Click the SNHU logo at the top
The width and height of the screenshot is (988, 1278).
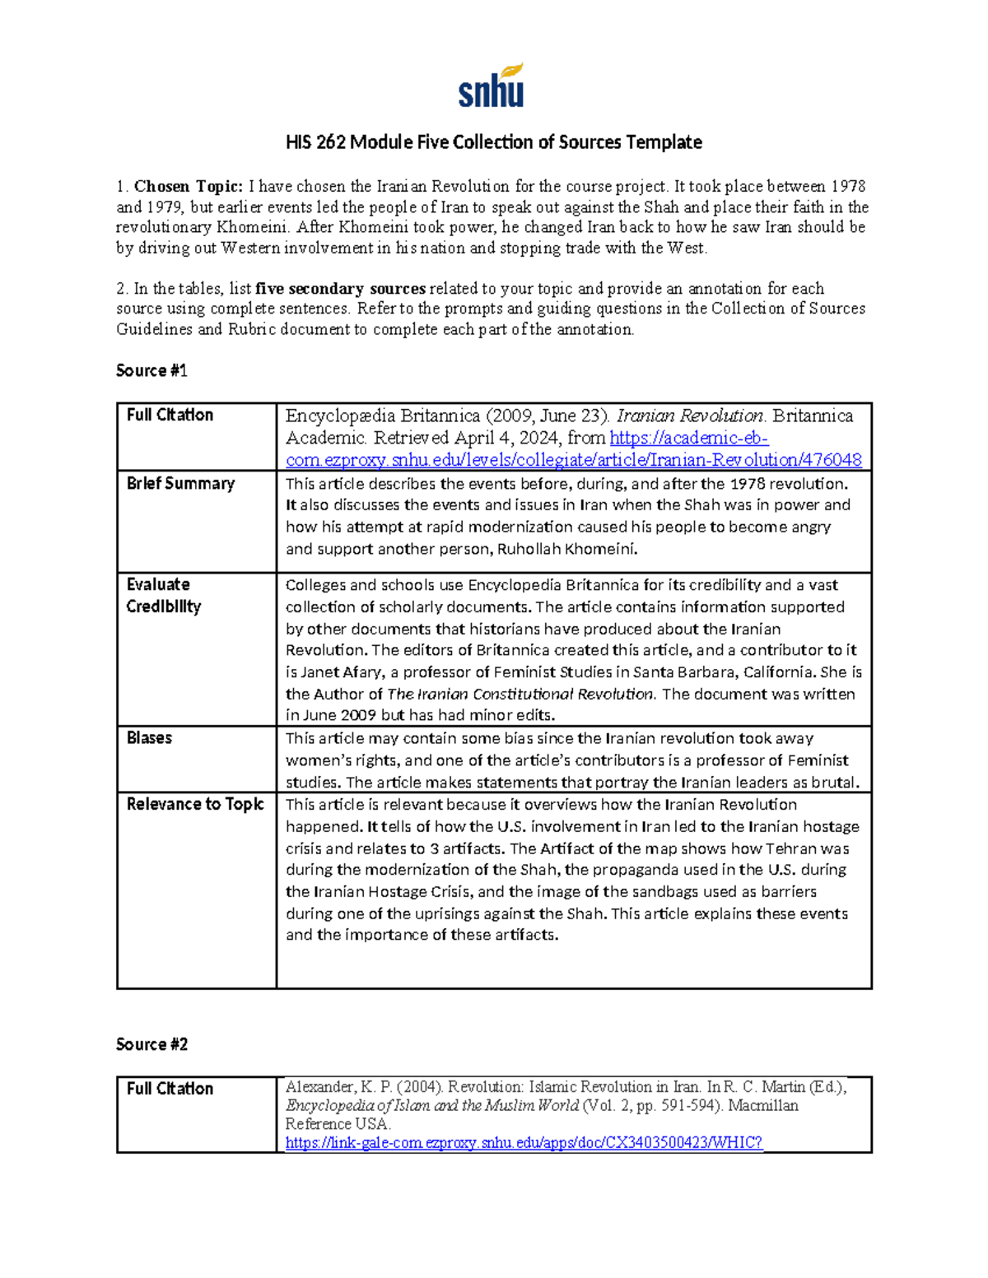click(x=492, y=86)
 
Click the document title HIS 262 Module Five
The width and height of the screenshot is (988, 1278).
click(x=493, y=142)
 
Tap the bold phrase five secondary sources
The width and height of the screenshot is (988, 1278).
click(x=340, y=289)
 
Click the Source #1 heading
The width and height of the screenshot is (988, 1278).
click(x=151, y=371)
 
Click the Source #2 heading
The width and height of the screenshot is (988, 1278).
click(x=151, y=1044)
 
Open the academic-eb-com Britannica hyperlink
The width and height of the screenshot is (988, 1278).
click(x=573, y=460)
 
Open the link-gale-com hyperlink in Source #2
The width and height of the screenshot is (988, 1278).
click(x=524, y=1142)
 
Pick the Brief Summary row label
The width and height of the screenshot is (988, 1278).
click(x=180, y=484)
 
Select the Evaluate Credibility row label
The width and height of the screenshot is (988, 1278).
click(x=163, y=595)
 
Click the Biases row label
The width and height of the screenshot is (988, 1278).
click(x=149, y=738)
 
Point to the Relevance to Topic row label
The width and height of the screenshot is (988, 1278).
click(x=195, y=804)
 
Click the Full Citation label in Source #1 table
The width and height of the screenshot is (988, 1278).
click(x=170, y=415)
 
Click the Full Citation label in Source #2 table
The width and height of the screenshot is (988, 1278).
click(x=170, y=1089)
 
